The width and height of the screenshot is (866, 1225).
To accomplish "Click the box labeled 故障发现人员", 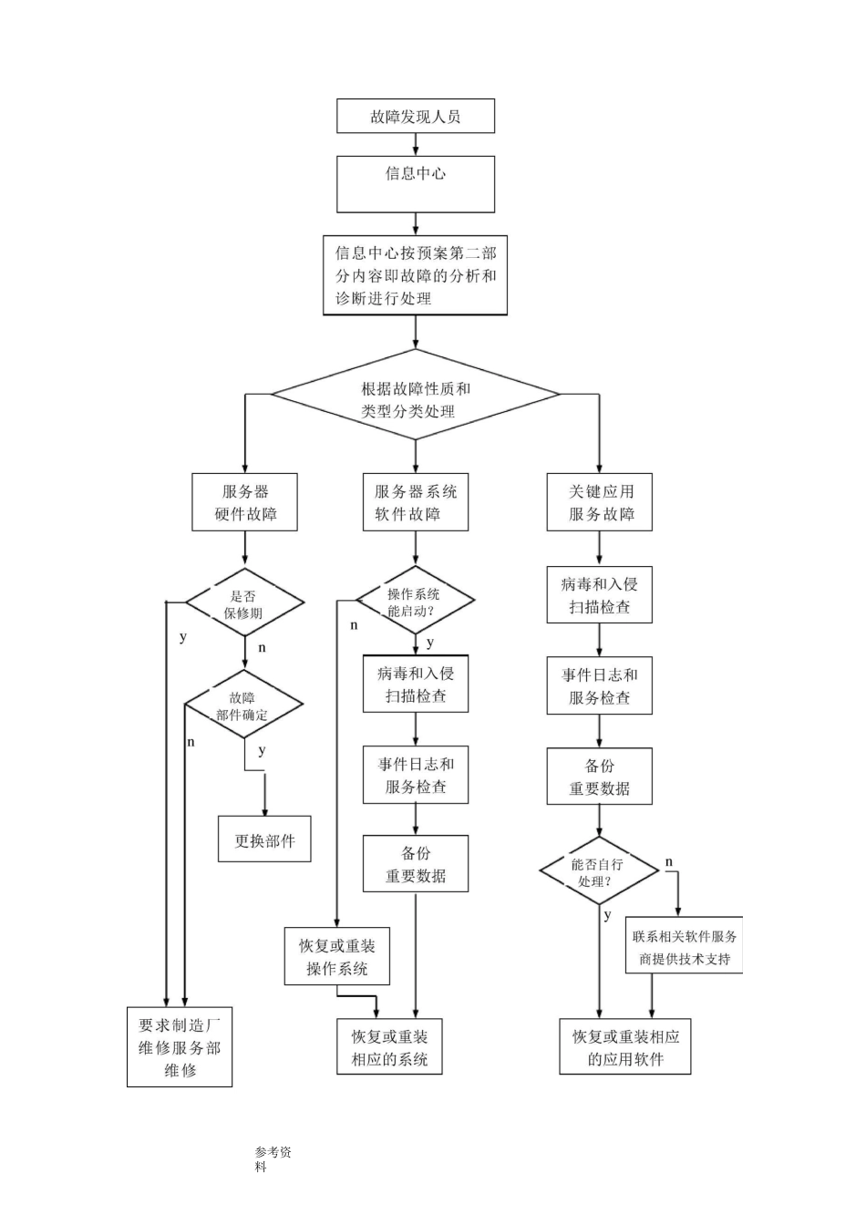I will pos(416,117).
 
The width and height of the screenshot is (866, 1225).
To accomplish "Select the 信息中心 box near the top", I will pos(416,183).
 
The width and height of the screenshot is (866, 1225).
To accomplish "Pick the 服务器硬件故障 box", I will pos(245,501).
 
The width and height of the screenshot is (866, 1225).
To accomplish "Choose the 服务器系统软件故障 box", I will pos(416,501).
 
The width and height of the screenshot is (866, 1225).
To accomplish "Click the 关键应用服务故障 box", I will pos(600,501).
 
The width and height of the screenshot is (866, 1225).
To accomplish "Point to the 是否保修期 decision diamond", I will pos(244,602).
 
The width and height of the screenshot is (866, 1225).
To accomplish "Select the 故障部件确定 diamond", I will pos(243,705).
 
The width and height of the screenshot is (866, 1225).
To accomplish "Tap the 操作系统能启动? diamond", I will pos(415,601).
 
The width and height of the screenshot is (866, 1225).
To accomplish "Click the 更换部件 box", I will pos(264,839).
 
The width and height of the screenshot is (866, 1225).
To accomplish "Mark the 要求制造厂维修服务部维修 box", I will pos(180,1046).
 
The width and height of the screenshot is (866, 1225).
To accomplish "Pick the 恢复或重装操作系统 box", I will pos(336,956).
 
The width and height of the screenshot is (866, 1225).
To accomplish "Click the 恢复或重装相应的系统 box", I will pos(389,1046).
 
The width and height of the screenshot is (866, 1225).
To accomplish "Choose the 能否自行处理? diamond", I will pos(598,871).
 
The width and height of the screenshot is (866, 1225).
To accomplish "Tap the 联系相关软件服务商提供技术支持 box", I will pos(685,946).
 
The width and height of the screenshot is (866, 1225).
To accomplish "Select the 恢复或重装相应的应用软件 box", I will pos(625,1046).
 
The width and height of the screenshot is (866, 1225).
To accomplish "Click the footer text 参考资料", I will pos(273,1158).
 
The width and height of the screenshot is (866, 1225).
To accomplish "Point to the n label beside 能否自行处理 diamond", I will pos(669,861).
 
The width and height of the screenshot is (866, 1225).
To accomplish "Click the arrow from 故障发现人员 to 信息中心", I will pos(416,144).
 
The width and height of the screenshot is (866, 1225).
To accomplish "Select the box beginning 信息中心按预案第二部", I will pos(416,275).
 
